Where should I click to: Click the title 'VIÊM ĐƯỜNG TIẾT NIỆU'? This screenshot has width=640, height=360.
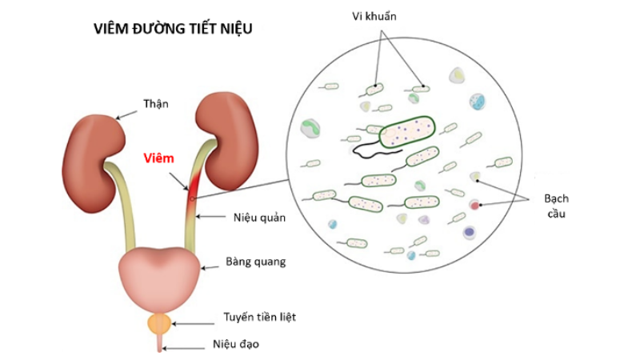tap(173, 29)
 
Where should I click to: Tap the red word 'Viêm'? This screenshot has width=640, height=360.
tap(158, 158)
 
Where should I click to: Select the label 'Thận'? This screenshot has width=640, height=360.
tap(155, 104)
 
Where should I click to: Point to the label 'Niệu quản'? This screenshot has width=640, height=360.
tap(259, 218)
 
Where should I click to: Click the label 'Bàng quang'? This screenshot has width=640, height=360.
tap(256, 262)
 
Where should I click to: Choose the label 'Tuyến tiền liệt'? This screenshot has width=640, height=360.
tap(259, 317)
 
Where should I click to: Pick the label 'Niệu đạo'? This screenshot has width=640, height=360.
tap(236, 345)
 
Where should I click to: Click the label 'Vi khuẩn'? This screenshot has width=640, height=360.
tap(374, 16)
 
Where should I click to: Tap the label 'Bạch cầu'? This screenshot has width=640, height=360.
tap(556, 206)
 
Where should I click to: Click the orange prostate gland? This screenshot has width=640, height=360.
tap(159, 324)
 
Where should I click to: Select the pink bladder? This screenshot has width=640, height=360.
tap(159, 278)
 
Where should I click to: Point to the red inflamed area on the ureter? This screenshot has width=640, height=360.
tap(193, 192)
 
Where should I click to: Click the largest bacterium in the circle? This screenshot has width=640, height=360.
tap(407, 132)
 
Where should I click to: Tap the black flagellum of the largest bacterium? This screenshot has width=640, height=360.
tap(375, 152)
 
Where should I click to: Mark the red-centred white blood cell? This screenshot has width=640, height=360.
tap(474, 205)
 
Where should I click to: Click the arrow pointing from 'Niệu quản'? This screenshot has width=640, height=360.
tap(210, 217)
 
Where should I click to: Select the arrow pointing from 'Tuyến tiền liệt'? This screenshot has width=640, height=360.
tap(194, 324)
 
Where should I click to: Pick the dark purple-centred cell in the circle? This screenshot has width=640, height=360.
tap(470, 233)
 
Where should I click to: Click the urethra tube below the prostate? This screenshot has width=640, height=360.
tap(159, 342)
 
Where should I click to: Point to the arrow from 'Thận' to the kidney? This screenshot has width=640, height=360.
tap(126, 114)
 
